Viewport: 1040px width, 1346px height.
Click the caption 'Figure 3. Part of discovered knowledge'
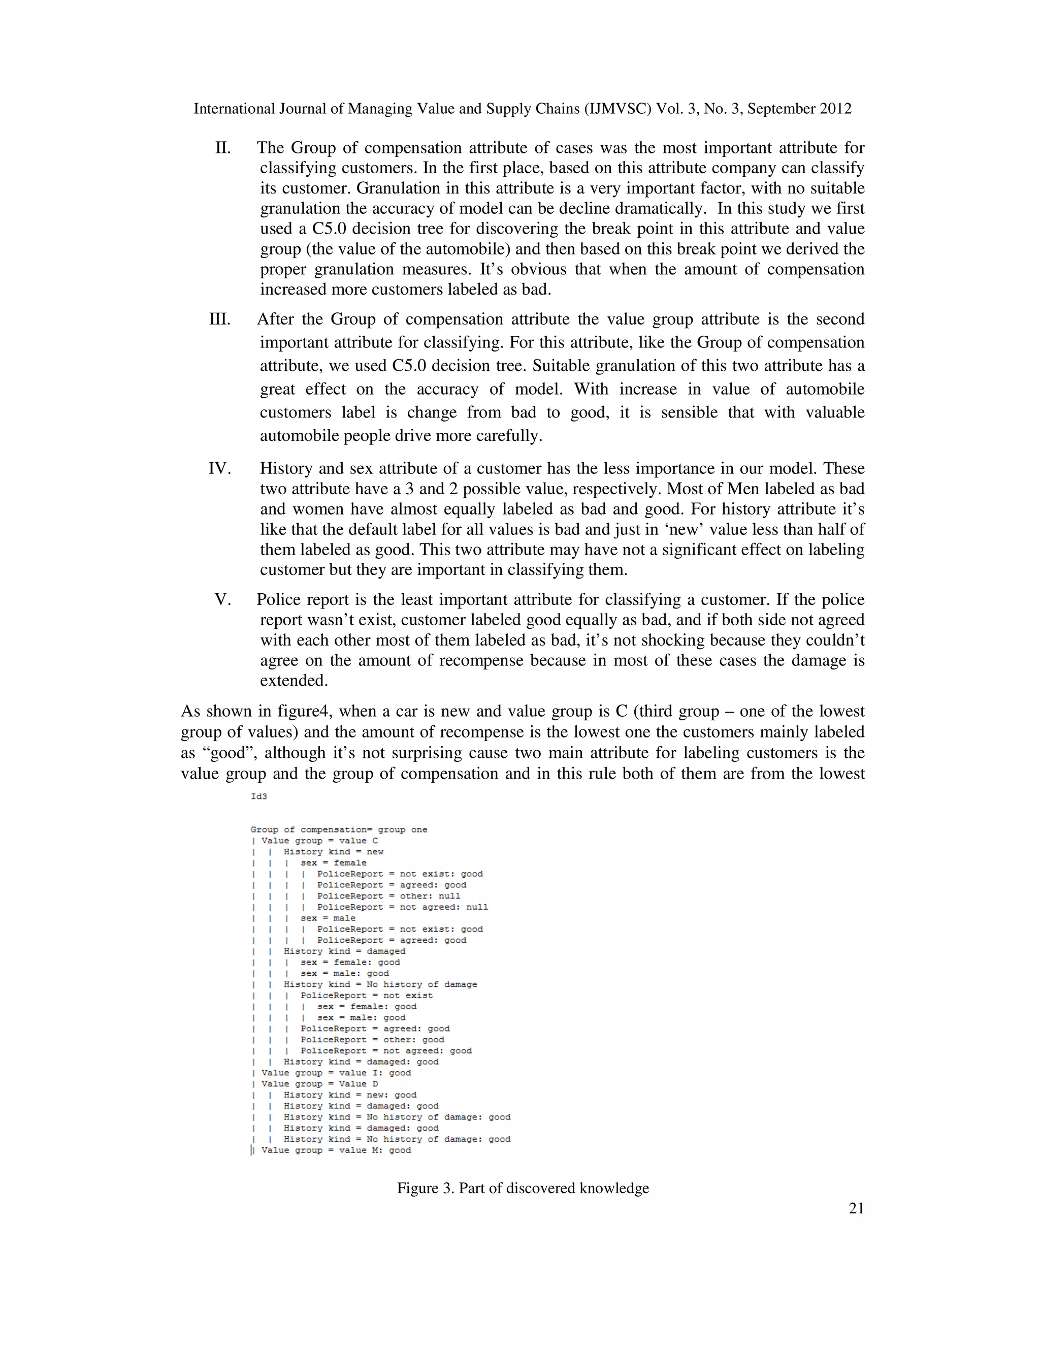point(523,1188)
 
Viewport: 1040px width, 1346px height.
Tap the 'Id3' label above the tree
point(259,796)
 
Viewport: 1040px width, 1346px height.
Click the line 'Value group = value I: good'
point(336,1073)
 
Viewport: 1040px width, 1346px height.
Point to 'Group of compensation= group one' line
point(339,829)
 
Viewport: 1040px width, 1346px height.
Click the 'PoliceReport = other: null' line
point(388,896)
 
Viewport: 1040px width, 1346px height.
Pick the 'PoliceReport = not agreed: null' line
point(402,907)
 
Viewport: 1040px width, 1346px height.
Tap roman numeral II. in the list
point(222,148)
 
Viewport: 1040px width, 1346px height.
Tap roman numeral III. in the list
point(219,319)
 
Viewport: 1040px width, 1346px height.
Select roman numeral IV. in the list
point(219,468)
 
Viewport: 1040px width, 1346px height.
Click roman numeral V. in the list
point(222,600)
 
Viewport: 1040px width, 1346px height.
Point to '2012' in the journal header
point(835,109)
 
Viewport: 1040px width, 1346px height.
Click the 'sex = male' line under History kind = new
point(328,918)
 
